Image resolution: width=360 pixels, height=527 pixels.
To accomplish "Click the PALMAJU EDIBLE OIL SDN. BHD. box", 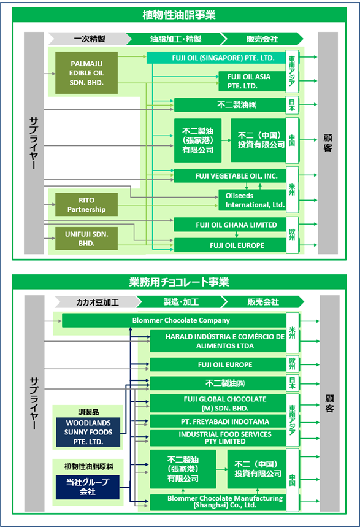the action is (86, 72).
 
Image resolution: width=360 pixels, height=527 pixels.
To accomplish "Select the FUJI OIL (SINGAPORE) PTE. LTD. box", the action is (216, 58).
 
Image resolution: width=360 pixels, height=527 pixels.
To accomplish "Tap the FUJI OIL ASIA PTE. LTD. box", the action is (252, 81).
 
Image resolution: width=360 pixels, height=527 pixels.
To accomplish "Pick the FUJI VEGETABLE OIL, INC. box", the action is (230, 176).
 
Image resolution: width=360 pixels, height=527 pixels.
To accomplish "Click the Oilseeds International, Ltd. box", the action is (252, 200).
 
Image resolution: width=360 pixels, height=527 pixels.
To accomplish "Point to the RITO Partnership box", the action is (86, 204).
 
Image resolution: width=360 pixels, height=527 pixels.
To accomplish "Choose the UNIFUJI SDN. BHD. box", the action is (86, 238).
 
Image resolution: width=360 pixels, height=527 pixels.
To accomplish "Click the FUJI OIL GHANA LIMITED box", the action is (230, 225).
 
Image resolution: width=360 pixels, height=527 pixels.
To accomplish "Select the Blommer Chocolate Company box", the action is (174, 320).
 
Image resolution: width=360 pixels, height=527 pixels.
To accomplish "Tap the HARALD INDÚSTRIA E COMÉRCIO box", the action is (218, 341).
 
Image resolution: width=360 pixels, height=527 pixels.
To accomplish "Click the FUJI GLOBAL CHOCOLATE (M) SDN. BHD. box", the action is (218, 403).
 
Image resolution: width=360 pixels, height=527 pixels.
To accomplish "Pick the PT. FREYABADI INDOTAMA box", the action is (218, 421).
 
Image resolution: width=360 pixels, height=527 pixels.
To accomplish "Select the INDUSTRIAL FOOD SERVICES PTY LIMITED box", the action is (218, 438).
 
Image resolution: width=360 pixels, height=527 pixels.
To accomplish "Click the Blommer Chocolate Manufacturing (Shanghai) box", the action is (218, 502).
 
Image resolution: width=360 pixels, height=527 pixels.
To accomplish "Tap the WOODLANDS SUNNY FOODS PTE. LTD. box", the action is (88, 432).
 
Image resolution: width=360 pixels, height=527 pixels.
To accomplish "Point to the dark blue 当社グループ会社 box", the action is (88, 487).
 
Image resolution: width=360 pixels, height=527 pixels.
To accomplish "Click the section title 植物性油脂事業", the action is (179, 15).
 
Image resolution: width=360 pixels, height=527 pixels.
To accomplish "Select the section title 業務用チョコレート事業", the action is (179, 282).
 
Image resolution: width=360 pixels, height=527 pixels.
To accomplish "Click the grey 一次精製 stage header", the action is (90, 39).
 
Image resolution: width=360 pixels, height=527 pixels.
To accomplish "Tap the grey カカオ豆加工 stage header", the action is (98, 302).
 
